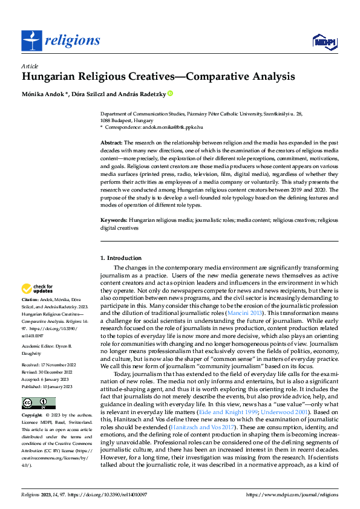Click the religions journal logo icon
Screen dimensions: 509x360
pyautogui.click(x=32, y=41)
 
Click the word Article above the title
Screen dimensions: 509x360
pyautogui.click(x=30, y=66)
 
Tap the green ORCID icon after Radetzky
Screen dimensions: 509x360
pyautogui.click(x=170, y=94)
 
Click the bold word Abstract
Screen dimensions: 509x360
pyautogui.click(x=111, y=141)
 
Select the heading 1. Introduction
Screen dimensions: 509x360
pyautogui.click(x=121, y=258)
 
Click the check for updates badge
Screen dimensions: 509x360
pyautogui.click(x=38, y=289)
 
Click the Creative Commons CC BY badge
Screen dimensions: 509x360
pyautogui.click(x=38, y=403)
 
